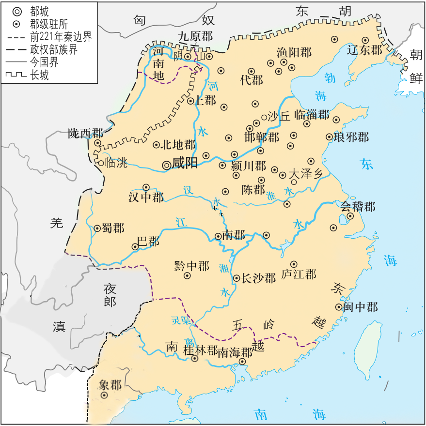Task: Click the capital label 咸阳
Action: (185, 163)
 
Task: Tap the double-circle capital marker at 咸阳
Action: (166, 165)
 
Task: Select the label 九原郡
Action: (195, 35)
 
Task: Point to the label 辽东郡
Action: (365, 50)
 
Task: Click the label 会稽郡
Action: (358, 207)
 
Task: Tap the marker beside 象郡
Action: (104, 396)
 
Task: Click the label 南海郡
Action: (235, 352)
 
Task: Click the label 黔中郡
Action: (191, 266)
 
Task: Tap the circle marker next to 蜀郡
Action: (97, 228)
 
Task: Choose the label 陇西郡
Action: (85, 133)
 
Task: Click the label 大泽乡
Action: (305, 174)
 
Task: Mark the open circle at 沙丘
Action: (264, 117)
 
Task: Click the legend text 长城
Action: (39, 75)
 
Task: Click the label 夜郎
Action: (110, 295)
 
